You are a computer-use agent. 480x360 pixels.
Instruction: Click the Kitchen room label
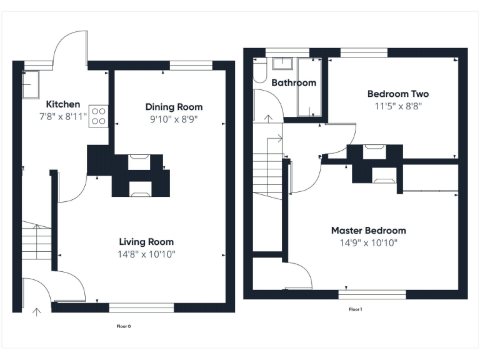(63, 104)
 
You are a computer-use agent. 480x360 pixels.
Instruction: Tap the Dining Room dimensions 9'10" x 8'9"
(174, 119)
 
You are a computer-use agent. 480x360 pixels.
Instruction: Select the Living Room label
(146, 242)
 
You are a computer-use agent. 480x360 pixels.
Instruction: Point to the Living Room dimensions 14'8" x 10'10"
(146, 254)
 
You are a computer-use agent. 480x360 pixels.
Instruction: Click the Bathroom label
(293, 82)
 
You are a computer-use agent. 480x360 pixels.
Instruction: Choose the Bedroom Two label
(397, 94)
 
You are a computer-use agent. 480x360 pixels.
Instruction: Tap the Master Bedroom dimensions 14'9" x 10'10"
(368, 242)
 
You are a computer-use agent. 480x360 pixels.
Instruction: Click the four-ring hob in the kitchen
(99, 116)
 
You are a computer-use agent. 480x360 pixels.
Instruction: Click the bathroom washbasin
(284, 63)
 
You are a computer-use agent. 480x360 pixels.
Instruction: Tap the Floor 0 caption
(124, 326)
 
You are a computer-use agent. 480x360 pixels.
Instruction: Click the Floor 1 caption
(355, 309)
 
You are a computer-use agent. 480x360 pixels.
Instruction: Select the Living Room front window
(141, 307)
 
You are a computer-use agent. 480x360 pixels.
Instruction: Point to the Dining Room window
(191, 64)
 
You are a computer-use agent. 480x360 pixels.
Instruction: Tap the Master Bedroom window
(372, 294)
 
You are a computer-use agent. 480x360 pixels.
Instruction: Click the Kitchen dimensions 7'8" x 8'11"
(63, 116)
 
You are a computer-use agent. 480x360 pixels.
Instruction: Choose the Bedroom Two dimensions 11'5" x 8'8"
(397, 106)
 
